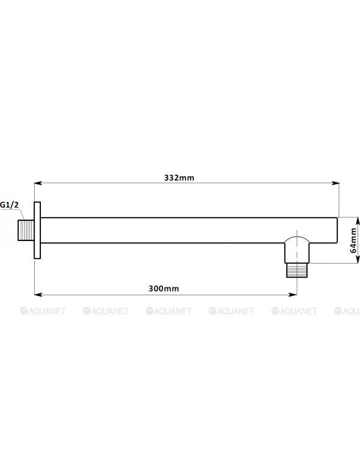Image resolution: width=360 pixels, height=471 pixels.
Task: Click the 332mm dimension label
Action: pyautogui.click(x=179, y=178)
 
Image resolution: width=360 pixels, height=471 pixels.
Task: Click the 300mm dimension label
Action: pyautogui.click(x=164, y=289)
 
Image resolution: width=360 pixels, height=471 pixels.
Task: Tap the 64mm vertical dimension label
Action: pyautogui.click(x=353, y=240)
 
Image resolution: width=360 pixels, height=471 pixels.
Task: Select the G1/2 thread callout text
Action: pyautogui.click(x=9, y=205)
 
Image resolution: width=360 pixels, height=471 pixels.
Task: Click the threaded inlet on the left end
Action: pyautogui.click(x=26, y=231)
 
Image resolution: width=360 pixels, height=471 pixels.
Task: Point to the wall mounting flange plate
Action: pyautogui.click(x=37, y=230)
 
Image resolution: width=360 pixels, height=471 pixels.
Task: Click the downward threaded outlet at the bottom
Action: pyautogui.click(x=297, y=270)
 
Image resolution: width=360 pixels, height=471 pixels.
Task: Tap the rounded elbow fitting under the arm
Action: pyautogui.click(x=297, y=250)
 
